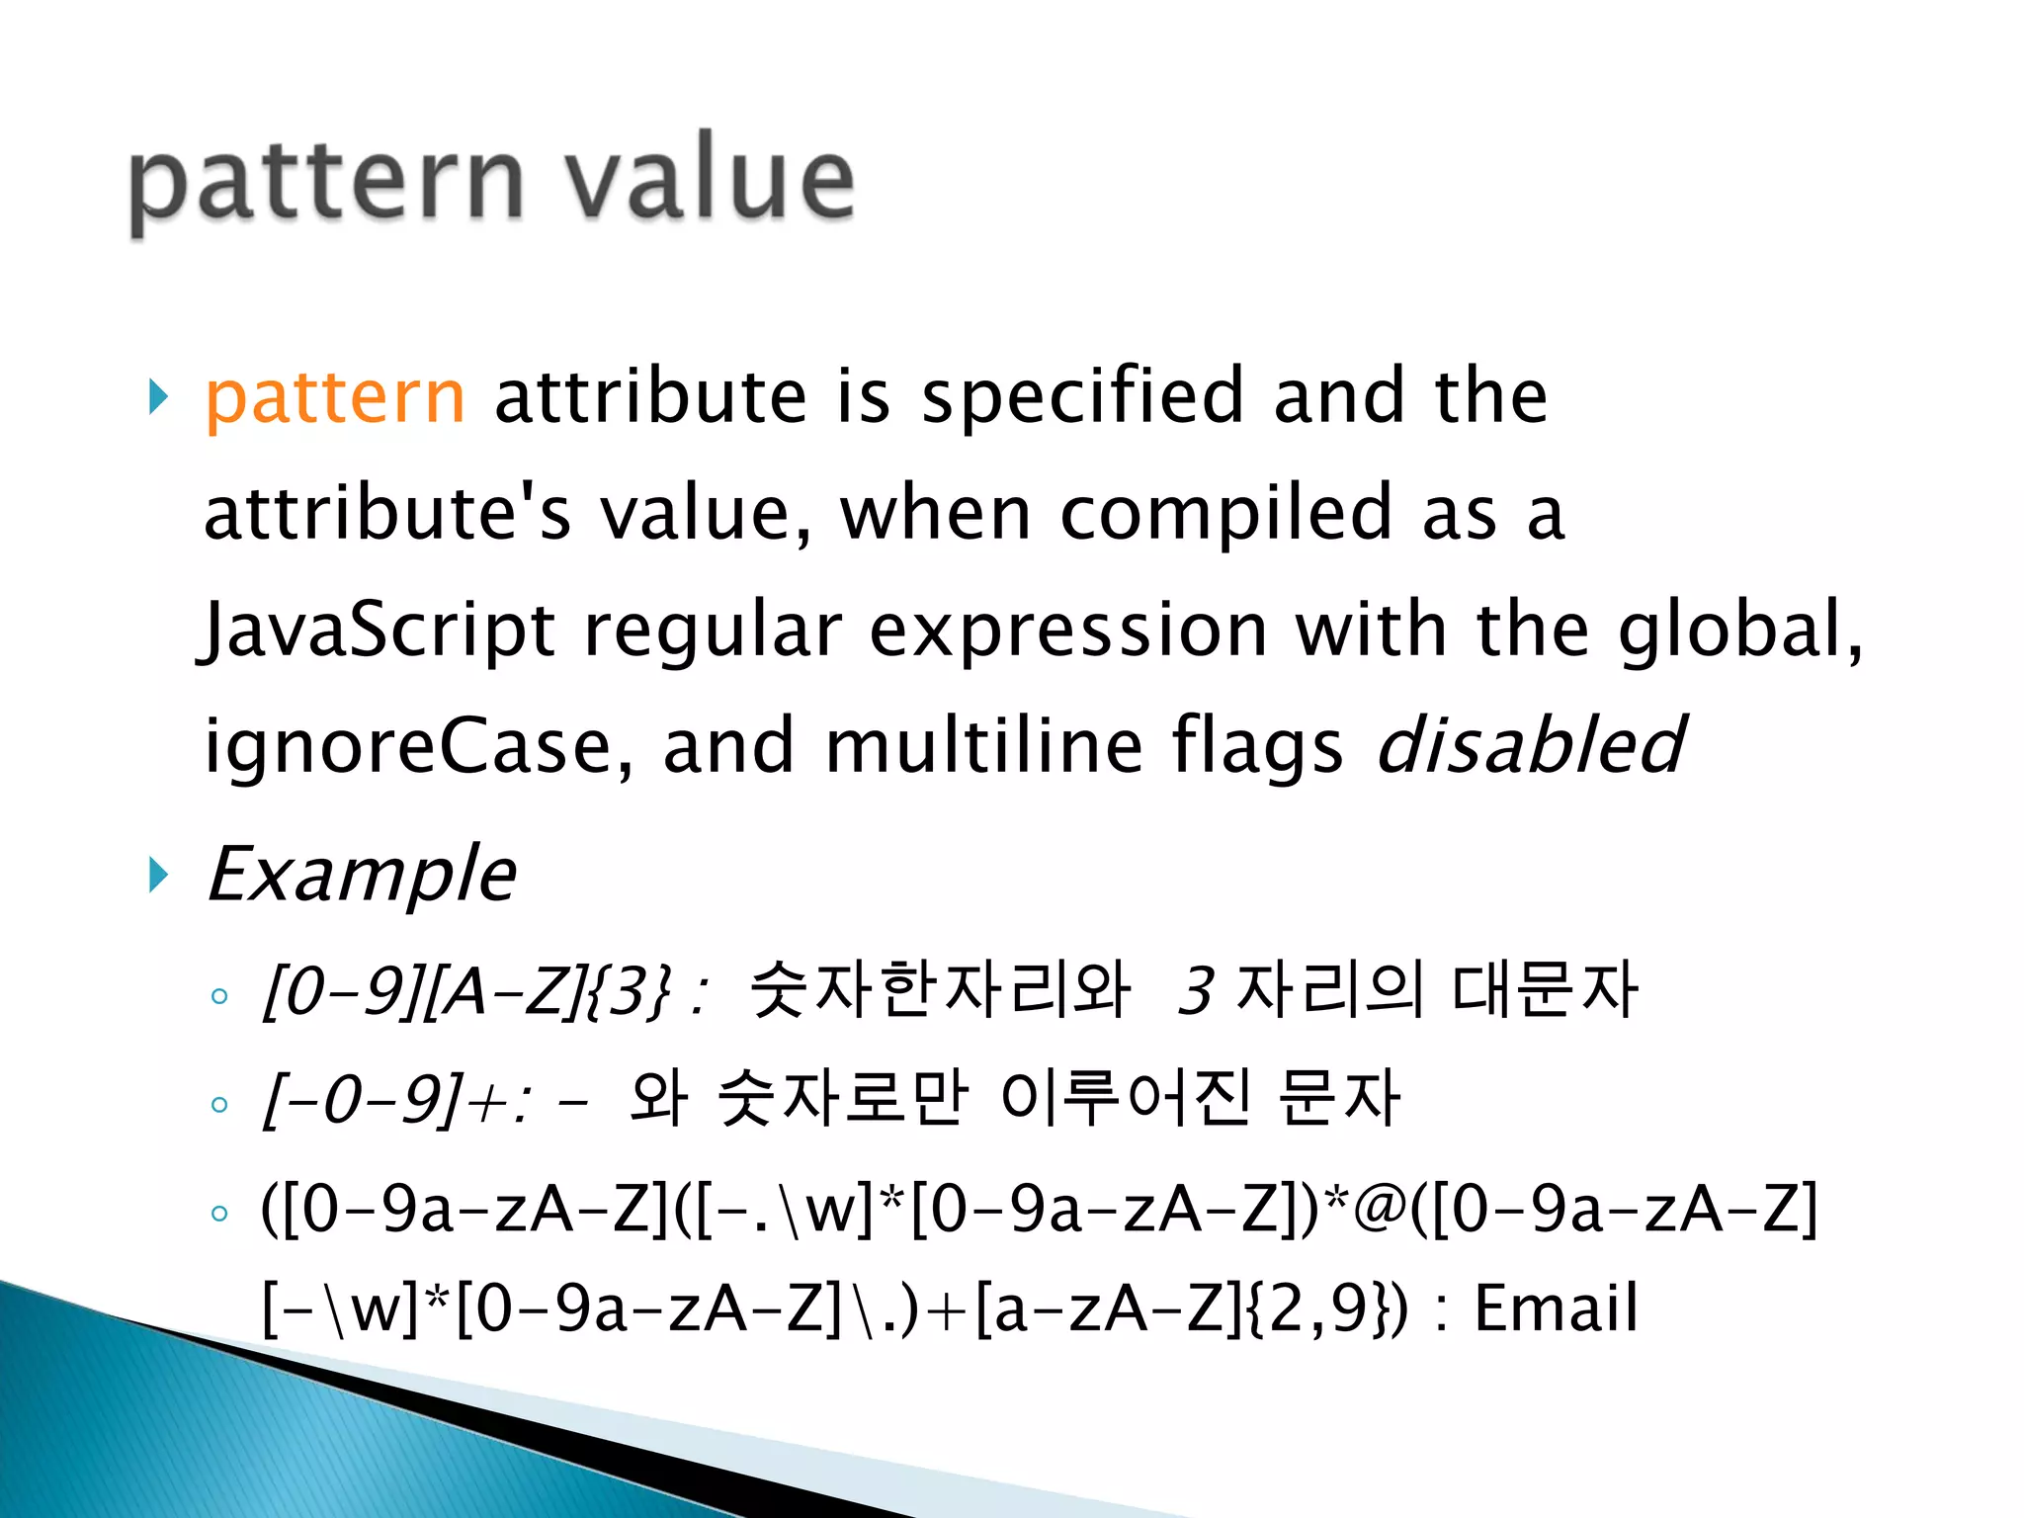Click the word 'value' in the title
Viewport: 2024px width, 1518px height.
(x=709, y=180)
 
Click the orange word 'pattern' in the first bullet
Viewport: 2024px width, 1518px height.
(x=335, y=397)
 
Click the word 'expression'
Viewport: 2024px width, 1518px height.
(x=1068, y=632)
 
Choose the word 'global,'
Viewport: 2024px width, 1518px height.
(x=1739, y=630)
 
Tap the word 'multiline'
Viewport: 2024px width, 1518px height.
(x=983, y=746)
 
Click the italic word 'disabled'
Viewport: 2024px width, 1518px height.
(x=1530, y=746)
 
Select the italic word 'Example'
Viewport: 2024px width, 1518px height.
(x=362, y=876)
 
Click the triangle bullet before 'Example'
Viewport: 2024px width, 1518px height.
(x=158, y=875)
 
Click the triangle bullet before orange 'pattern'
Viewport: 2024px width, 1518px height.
(x=158, y=397)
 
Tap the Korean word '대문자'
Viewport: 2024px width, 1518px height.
(x=1545, y=989)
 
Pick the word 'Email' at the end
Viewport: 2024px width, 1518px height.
(x=1556, y=1308)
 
